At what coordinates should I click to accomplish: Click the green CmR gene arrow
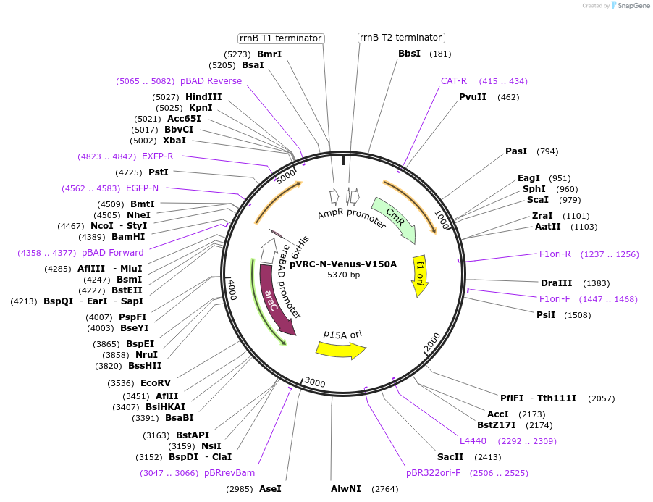(395, 219)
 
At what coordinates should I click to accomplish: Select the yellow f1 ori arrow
(420, 275)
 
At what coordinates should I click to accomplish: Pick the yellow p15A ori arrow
(340, 349)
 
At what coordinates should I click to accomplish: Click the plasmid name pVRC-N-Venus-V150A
(343, 264)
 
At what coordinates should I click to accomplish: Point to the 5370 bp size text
(343, 275)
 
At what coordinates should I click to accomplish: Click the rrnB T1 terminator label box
(281, 38)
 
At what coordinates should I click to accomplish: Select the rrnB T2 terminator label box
(400, 38)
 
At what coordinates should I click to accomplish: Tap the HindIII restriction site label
(203, 97)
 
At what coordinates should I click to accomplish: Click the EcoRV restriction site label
(156, 383)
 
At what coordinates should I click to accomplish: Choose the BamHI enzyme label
(128, 237)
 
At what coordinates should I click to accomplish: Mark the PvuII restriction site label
(473, 97)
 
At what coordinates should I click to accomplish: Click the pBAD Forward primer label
(112, 253)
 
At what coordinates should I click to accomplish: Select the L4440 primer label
(473, 440)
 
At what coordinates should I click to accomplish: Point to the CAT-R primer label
(454, 81)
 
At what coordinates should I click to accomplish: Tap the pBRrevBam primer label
(229, 473)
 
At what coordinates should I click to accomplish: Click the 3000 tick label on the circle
(315, 382)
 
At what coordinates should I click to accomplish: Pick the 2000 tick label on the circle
(431, 340)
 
